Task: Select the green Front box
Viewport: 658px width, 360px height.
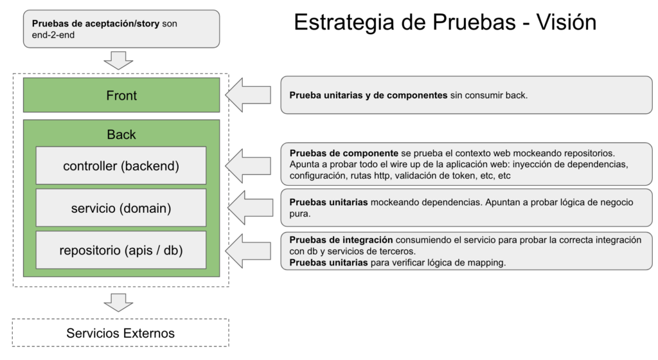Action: click(121, 95)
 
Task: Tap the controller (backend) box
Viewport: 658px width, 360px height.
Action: click(121, 165)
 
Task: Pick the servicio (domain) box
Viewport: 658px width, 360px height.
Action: click(121, 208)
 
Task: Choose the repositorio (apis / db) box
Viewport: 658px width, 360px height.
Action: click(121, 250)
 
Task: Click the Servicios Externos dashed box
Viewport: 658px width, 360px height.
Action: click(120, 333)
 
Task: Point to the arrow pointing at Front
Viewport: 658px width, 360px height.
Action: click(248, 95)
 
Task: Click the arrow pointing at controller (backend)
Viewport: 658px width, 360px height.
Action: click(248, 166)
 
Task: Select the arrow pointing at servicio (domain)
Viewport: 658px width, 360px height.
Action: click(250, 208)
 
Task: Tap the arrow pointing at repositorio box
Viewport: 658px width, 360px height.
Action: click(248, 251)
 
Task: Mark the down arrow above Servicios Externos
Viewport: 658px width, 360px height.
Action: click(118, 303)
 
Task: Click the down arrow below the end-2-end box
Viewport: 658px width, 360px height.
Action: click(118, 60)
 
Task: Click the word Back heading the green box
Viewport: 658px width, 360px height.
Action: click(121, 134)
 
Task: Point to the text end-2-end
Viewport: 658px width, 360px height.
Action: click(53, 35)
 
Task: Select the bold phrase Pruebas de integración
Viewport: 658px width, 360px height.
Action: click(341, 240)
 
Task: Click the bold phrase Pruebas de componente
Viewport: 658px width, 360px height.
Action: click(344, 153)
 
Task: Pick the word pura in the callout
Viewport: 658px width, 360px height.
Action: click(299, 213)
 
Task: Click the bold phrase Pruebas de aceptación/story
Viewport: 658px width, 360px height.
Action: click(96, 24)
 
